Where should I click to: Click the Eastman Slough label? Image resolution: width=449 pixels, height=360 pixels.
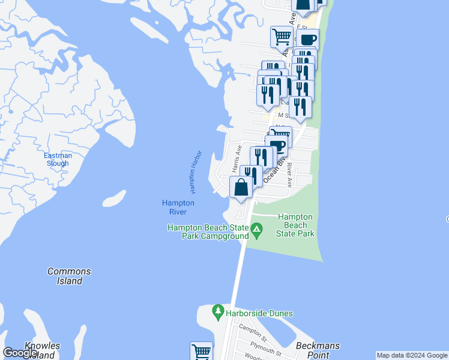(x=58, y=160)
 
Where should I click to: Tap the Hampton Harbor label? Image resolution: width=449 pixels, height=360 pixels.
(x=197, y=172)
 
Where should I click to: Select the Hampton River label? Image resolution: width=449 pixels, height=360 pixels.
(x=178, y=207)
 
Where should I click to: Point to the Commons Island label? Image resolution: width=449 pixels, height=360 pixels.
(x=69, y=276)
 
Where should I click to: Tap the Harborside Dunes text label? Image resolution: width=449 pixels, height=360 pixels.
(x=260, y=313)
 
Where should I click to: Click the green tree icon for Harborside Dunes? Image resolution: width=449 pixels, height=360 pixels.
(x=218, y=312)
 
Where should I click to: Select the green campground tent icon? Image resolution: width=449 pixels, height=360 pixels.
(x=256, y=229)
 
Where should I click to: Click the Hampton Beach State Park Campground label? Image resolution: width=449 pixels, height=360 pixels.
(x=208, y=232)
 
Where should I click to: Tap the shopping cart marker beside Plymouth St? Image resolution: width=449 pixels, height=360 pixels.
(x=202, y=352)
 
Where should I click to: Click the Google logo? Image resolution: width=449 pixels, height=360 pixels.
(x=20, y=353)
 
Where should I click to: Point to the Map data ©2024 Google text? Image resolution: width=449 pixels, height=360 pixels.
(x=412, y=355)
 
